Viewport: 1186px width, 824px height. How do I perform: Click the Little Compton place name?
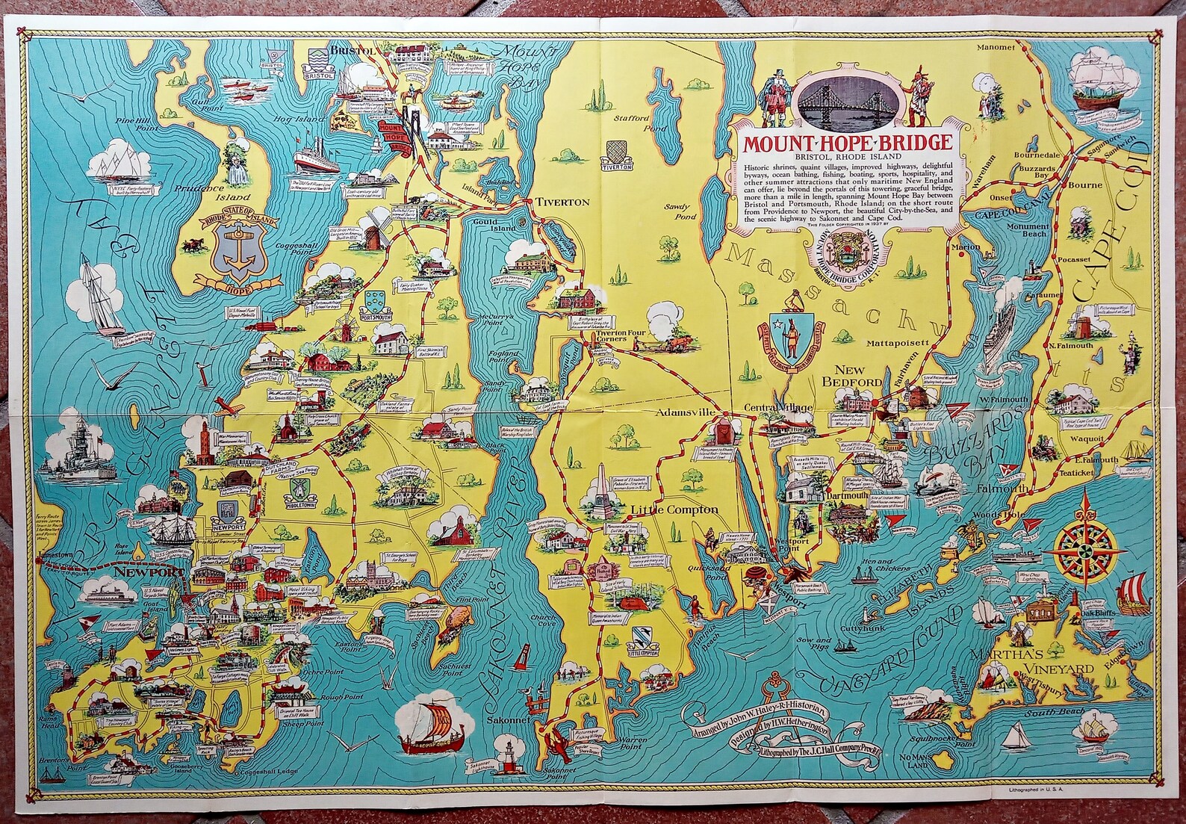coord(674,509)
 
